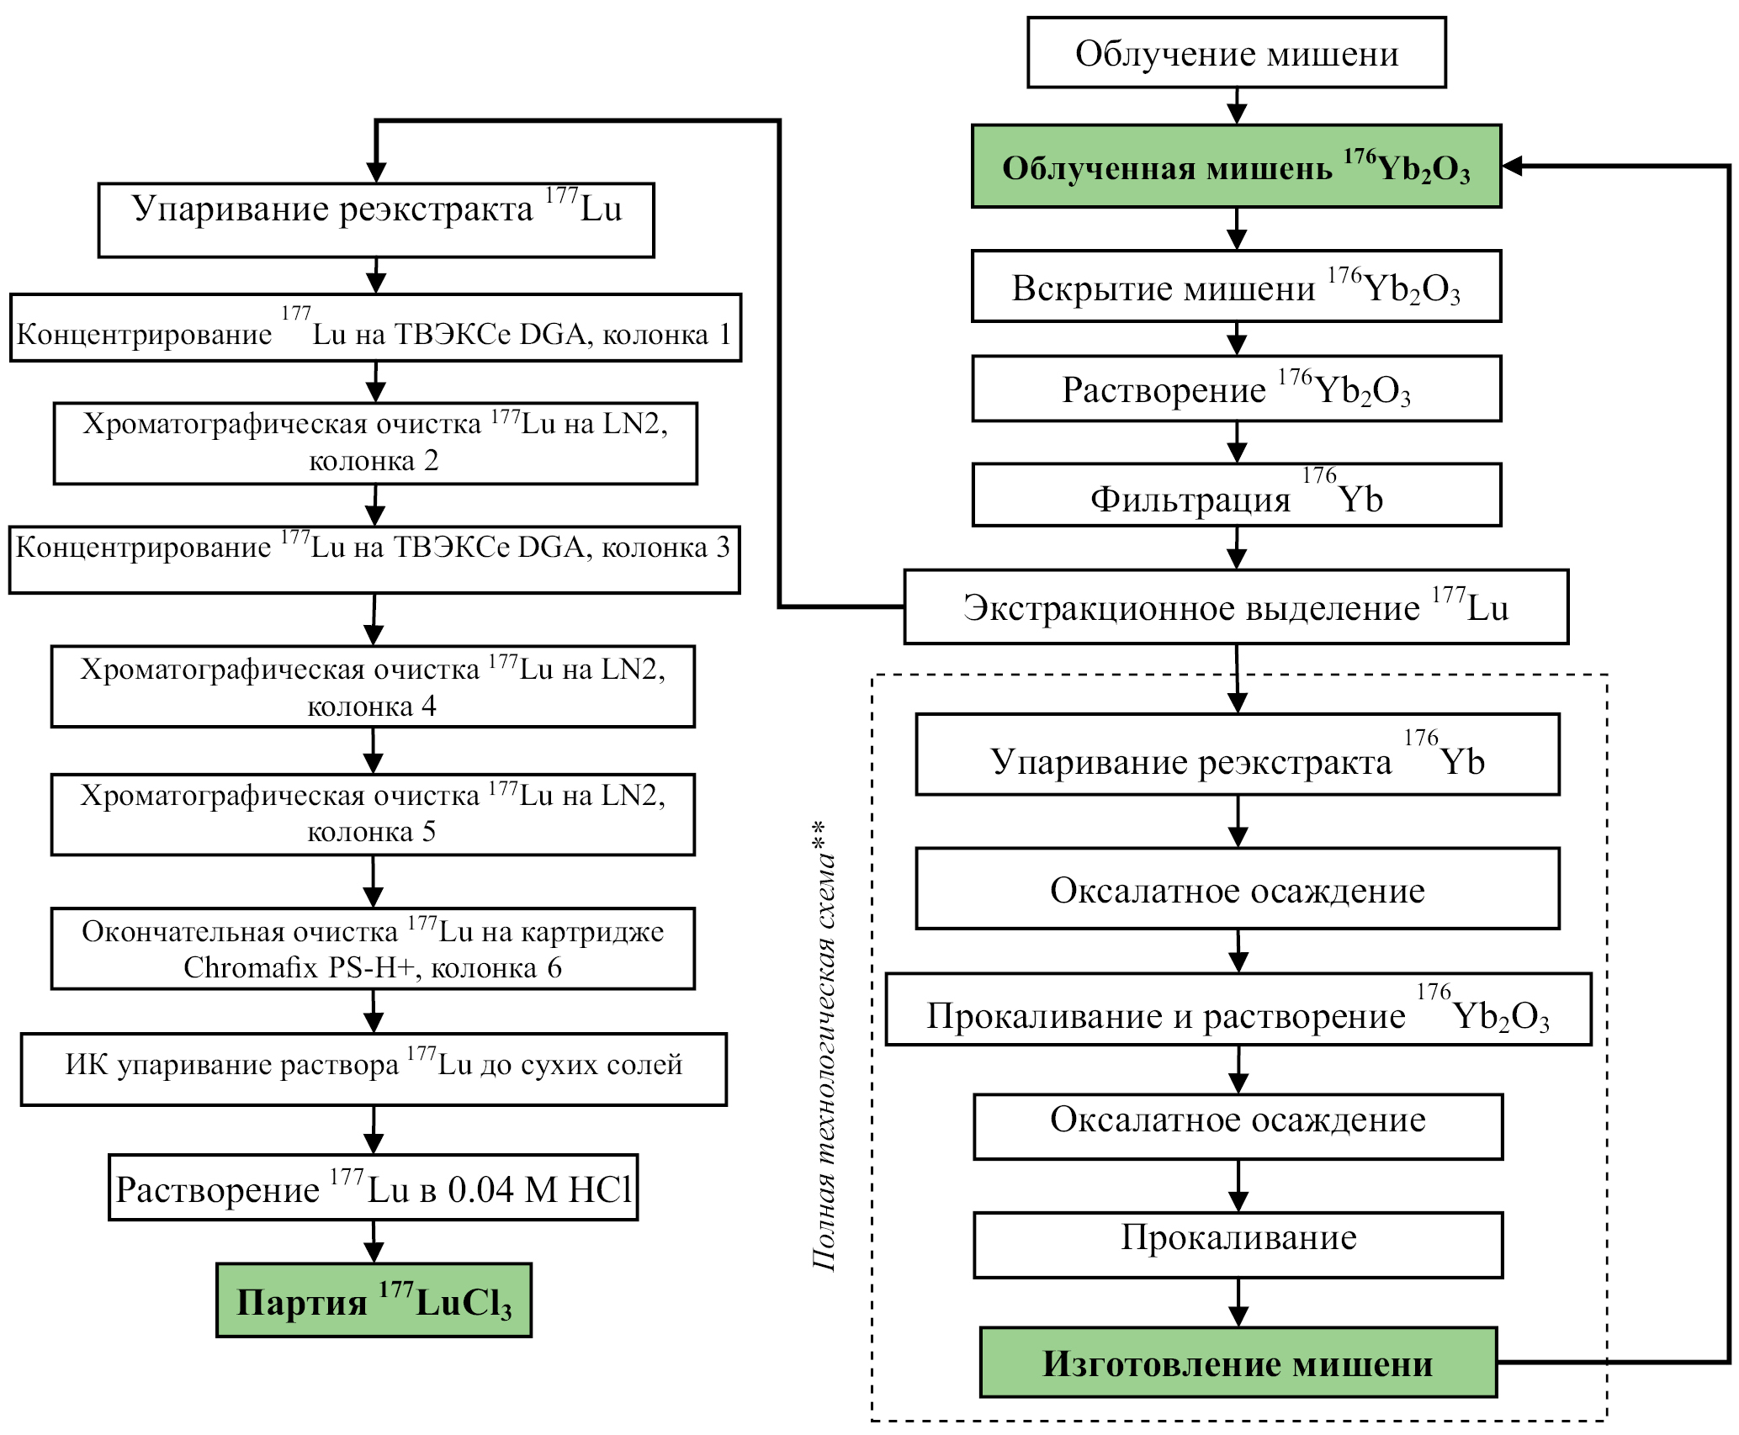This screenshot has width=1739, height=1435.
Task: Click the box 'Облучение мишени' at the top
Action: tap(1236, 53)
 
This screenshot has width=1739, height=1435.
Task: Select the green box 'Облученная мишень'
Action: tap(1236, 167)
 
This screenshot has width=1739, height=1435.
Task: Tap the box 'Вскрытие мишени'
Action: tap(1236, 287)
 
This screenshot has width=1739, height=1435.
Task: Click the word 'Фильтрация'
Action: tap(1190, 500)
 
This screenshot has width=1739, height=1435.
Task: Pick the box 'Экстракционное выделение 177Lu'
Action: tap(1236, 607)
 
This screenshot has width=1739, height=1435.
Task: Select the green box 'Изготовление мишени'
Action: tap(1238, 1364)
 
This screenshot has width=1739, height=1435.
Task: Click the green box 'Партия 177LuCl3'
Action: tap(374, 1301)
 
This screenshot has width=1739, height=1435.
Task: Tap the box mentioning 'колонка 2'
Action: tap(375, 443)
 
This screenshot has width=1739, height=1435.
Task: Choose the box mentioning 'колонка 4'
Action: tap(373, 686)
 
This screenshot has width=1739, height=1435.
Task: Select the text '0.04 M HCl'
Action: tap(539, 1189)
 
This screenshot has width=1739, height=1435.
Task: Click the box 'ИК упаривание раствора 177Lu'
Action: tap(374, 1068)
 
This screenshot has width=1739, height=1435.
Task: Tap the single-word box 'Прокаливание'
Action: tap(1238, 1245)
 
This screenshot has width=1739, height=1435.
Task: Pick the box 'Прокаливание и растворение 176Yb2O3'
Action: tap(1238, 1010)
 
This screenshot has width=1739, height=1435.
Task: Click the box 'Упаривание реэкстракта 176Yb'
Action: tap(1238, 755)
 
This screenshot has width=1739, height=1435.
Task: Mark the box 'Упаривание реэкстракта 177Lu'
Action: tap(376, 220)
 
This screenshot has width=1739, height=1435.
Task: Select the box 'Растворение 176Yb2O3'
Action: tap(1236, 389)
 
